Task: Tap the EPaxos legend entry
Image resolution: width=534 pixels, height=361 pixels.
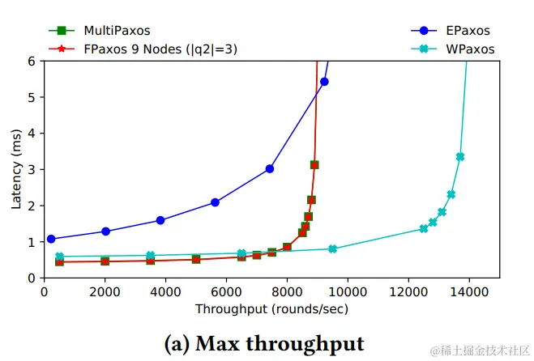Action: tap(467, 31)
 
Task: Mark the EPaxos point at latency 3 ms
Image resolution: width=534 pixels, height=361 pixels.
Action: tap(270, 168)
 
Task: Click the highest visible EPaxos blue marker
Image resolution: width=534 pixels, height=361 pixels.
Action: tap(324, 82)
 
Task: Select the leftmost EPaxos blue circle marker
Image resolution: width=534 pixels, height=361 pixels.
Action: tap(51, 239)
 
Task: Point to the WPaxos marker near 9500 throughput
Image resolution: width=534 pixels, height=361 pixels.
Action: tap(333, 248)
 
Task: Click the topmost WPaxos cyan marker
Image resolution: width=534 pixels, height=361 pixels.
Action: tap(460, 156)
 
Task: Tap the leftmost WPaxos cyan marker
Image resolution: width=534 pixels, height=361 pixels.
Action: tap(59, 257)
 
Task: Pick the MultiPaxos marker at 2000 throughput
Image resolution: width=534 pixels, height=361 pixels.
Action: tap(105, 261)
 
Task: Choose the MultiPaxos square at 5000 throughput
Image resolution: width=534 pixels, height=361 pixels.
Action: tap(196, 259)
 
